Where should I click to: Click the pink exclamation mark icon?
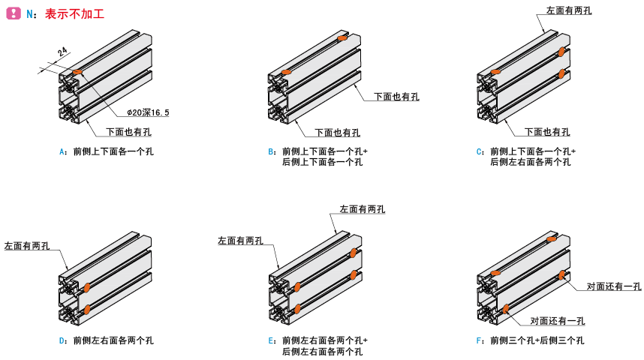[13, 13]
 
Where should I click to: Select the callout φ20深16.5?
[148, 112]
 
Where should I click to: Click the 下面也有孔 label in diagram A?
[128, 132]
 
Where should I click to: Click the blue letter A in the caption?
[62, 151]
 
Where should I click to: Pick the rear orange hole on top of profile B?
[342, 37]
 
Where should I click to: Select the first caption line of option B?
[324, 151]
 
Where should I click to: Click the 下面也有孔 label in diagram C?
[546, 132]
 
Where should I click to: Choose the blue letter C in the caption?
[480, 151]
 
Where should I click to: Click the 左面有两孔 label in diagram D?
[27, 245]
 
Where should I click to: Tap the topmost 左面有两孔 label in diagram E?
[363, 209]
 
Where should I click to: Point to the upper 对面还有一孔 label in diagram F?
[613, 286]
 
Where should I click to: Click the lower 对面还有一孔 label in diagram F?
[558, 321]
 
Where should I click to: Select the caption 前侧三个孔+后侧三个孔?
[537, 340]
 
